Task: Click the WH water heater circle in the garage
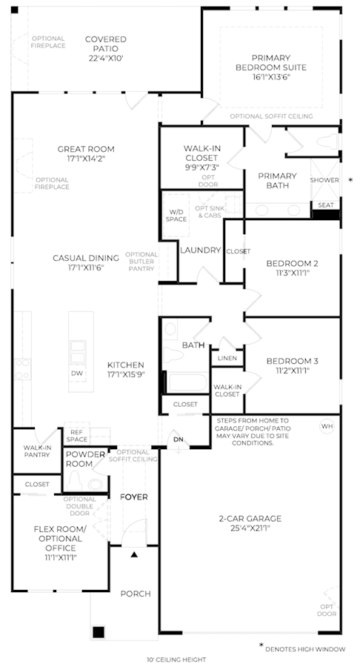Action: click(x=327, y=426)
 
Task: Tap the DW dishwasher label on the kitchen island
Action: click(x=77, y=374)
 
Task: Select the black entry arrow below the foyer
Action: click(x=134, y=554)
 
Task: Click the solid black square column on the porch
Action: click(x=99, y=631)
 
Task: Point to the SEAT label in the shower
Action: click(x=326, y=205)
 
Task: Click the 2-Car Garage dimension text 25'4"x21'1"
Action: click(x=250, y=528)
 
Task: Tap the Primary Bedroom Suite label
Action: click(x=271, y=62)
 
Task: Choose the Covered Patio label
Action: click(x=106, y=44)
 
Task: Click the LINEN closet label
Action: click(x=227, y=358)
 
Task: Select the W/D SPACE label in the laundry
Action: click(x=176, y=215)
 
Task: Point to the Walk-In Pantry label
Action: click(x=36, y=451)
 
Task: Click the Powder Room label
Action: click(x=85, y=459)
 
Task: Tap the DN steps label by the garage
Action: click(x=178, y=439)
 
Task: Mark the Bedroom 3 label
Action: click(x=292, y=361)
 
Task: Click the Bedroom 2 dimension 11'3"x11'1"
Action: click(x=292, y=273)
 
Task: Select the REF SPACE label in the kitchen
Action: click(x=77, y=436)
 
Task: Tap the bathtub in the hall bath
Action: click(x=187, y=382)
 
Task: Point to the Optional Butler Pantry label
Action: click(x=141, y=262)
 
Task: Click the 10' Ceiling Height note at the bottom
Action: click(x=176, y=660)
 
